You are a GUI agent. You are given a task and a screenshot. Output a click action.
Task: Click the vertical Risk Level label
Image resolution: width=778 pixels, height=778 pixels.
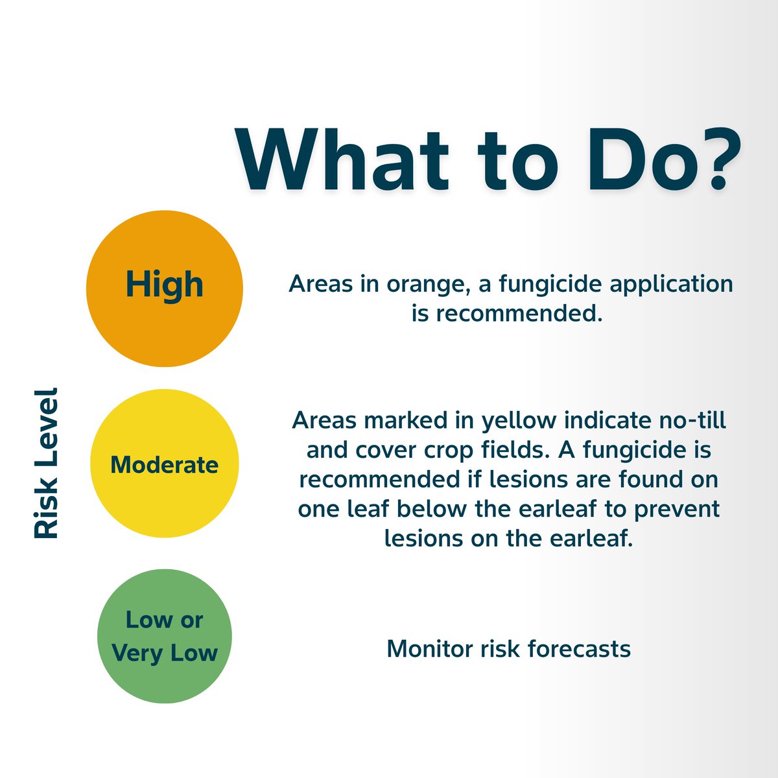point(46,463)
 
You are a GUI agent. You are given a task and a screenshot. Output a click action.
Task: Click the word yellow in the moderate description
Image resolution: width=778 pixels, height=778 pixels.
point(518,420)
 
